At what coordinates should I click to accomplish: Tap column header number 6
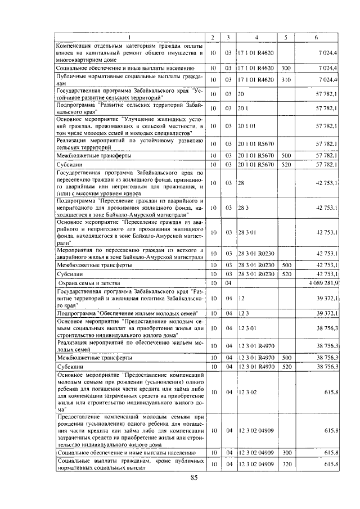tap(316, 38)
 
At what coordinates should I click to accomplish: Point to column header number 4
tap(256, 38)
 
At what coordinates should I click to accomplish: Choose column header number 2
tap(213, 38)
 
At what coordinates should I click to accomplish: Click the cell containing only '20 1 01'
tap(247, 127)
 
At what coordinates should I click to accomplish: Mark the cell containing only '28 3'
tap(243, 208)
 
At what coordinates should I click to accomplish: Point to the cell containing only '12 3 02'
tap(247, 391)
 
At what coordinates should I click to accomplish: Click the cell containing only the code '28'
tap(241, 183)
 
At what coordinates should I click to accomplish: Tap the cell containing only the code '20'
tap(241, 92)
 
